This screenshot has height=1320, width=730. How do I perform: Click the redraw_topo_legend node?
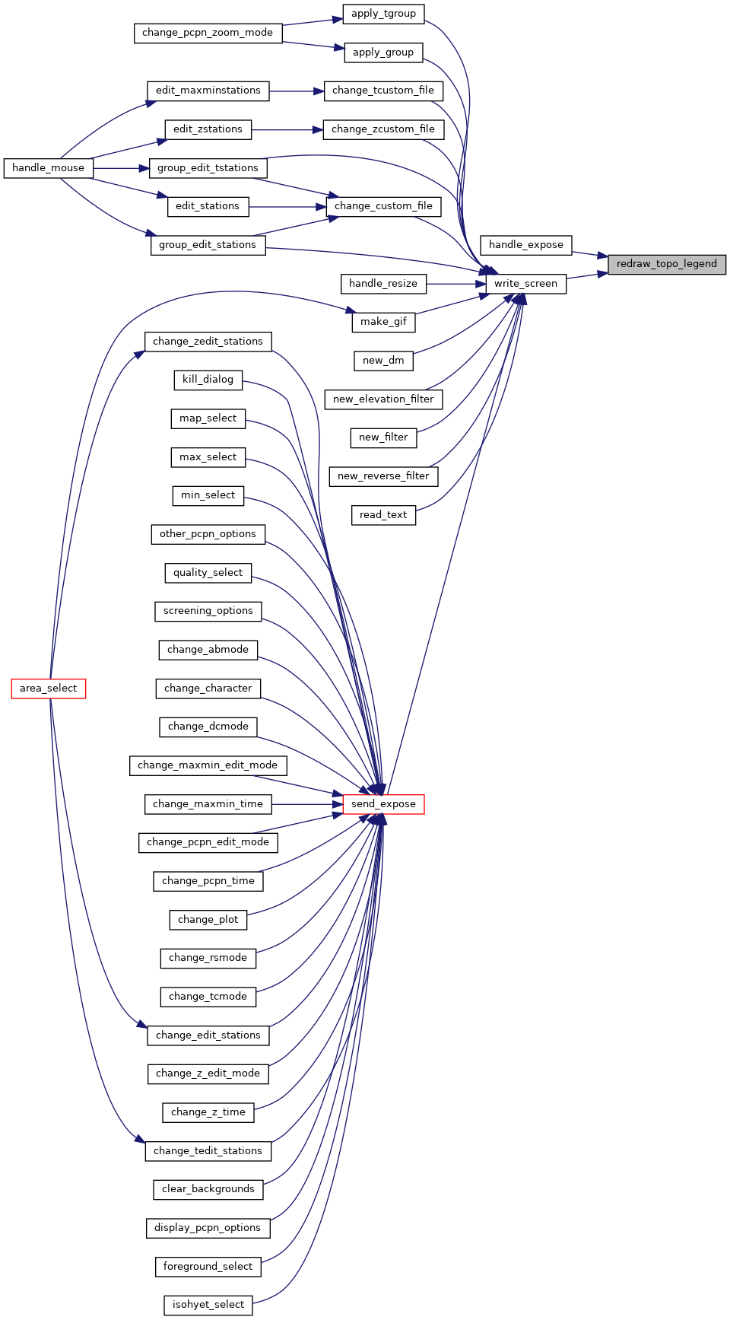[667, 264]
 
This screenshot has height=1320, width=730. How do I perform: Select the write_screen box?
[526, 284]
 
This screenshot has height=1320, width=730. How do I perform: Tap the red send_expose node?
[383, 804]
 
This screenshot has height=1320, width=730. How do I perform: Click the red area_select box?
[49, 689]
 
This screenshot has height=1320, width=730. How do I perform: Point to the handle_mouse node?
[49, 168]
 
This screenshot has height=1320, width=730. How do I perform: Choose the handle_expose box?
[526, 245]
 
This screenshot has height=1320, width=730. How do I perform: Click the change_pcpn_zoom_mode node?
[208, 33]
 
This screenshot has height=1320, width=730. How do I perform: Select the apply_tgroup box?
[383, 14]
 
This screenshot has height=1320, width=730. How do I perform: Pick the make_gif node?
[383, 322]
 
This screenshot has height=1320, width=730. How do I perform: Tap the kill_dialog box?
[208, 380]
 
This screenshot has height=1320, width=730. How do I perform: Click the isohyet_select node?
[208, 1305]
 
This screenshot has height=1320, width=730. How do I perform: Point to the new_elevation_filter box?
[383, 399]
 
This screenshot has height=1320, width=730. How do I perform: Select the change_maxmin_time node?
[208, 804]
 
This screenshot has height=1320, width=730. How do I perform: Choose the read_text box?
[383, 515]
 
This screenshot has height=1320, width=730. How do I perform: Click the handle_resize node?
[383, 284]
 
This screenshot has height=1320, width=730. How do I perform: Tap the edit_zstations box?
[208, 129]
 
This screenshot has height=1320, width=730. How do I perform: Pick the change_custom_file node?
[383, 206]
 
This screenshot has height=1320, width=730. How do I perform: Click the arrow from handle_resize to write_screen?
[456, 284]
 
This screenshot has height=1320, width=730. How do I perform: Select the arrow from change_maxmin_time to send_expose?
[307, 804]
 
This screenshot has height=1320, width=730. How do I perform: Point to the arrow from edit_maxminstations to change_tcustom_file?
[297, 91]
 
